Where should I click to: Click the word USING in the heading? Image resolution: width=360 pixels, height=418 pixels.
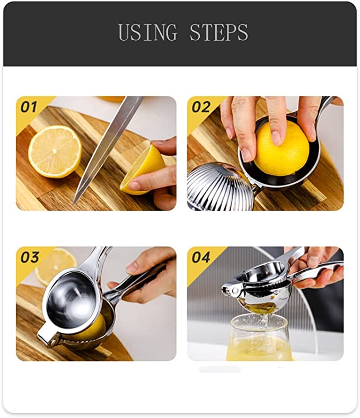148,33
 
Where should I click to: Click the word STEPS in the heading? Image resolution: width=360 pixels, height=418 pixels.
218,33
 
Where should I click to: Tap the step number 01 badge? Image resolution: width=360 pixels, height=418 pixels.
30,108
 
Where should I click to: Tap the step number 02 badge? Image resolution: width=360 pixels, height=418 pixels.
201,108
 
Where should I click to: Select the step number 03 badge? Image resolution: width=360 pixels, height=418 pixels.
30,258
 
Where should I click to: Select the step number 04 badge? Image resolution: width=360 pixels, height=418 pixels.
201,258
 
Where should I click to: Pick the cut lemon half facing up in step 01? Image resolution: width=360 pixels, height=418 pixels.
55,151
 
